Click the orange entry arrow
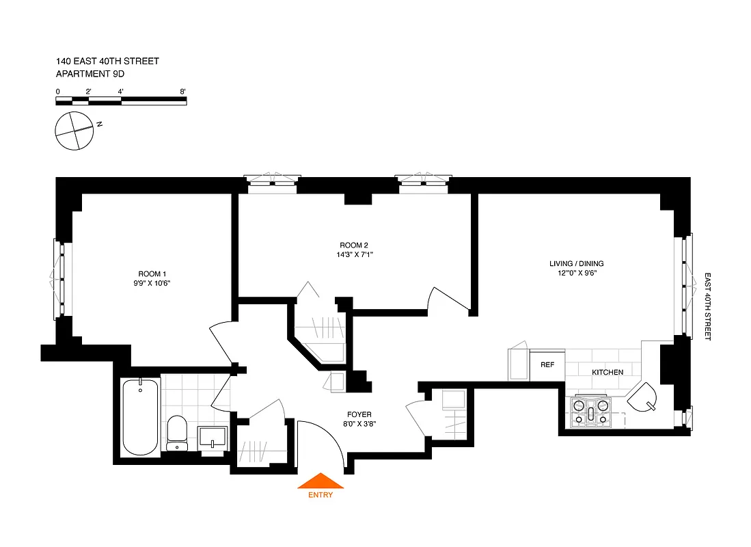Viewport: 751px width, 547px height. click(320, 481)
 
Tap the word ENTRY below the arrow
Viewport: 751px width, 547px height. click(320, 495)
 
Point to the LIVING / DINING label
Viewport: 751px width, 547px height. click(577, 263)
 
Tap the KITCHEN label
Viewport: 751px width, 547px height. click(607, 372)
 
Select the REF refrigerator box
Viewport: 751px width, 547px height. click(547, 365)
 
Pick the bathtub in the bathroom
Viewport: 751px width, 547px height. click(140, 416)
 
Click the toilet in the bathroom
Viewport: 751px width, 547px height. click(177, 433)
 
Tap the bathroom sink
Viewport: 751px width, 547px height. click(213, 436)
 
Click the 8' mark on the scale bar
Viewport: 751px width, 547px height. click(183, 91)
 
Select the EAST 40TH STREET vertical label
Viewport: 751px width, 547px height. click(708, 307)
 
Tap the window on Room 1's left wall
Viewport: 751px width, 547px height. click(59, 278)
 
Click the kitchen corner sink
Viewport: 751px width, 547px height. click(644, 397)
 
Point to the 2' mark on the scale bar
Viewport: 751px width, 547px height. click(88, 91)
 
